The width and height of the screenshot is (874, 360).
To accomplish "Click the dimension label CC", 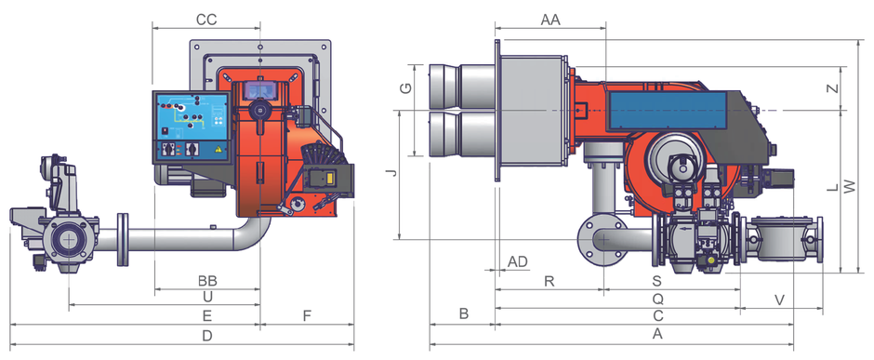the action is coord(206,20).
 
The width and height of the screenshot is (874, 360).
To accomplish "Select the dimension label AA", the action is coord(550,20).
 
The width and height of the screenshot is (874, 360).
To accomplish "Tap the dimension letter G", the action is coord(407,88).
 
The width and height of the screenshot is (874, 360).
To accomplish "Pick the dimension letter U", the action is coord(207,298).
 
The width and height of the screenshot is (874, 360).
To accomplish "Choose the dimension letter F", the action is coord(307,316).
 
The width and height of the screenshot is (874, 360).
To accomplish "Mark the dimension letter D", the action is coord(207,336).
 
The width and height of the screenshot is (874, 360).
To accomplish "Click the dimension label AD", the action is coord(517,262).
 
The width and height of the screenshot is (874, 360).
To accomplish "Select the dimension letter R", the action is coord(549,282).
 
